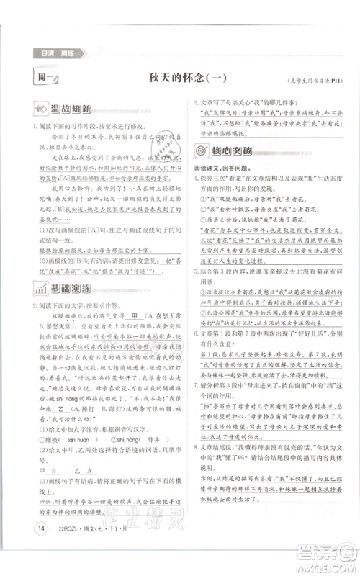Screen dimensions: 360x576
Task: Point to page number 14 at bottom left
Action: [26, 531]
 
